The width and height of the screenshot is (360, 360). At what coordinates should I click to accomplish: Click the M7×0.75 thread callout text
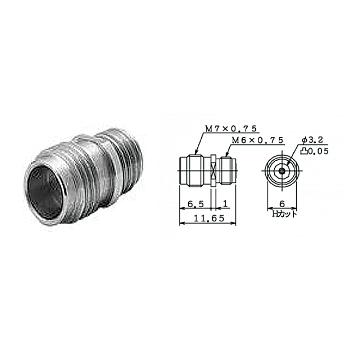click(x=230, y=129)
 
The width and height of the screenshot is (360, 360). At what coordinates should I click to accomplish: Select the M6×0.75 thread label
click(x=257, y=140)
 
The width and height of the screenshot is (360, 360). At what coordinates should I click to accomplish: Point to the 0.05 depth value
click(x=318, y=151)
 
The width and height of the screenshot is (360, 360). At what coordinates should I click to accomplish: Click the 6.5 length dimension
click(x=196, y=204)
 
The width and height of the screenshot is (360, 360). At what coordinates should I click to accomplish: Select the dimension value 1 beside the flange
click(x=226, y=204)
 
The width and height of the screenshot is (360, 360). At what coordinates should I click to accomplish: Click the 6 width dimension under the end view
click(x=282, y=204)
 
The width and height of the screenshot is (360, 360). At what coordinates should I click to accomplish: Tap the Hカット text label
click(x=284, y=214)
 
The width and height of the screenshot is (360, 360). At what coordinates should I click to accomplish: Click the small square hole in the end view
click(x=282, y=170)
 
